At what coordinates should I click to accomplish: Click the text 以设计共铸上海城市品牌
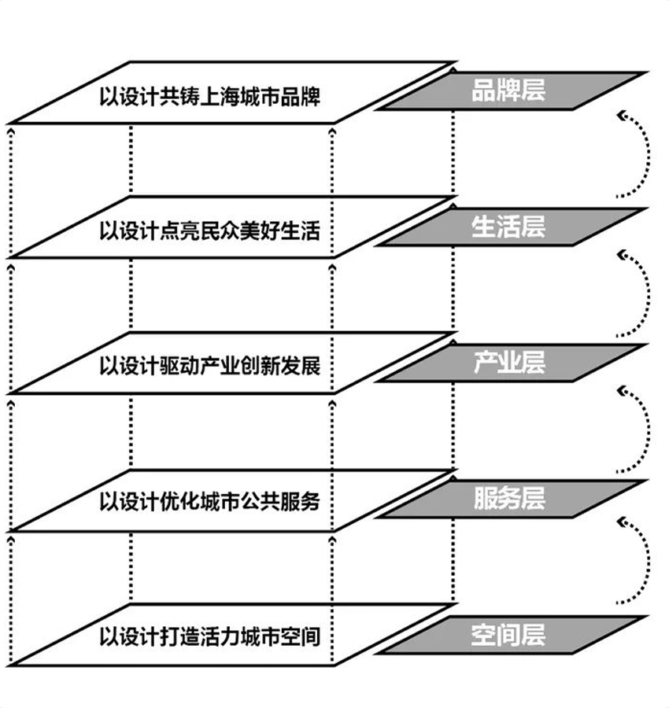tap(210, 95)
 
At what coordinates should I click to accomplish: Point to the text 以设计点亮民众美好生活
tap(210, 230)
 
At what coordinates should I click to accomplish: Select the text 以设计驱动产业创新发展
tap(210, 366)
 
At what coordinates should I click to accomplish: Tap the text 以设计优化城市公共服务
tap(210, 501)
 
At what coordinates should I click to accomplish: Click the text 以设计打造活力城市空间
tap(210, 636)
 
